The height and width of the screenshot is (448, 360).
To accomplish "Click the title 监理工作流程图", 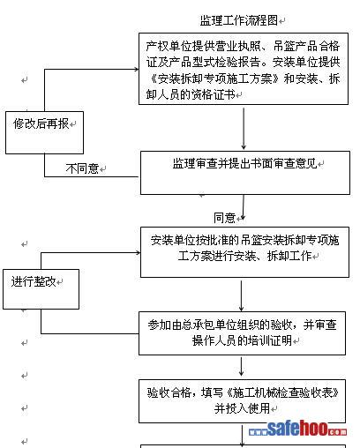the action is point(239,20).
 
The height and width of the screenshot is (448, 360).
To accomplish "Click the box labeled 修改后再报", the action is point(44,132).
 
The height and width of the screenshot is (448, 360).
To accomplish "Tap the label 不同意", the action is point(82,168).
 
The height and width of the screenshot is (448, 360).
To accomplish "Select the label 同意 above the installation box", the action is point(224,218).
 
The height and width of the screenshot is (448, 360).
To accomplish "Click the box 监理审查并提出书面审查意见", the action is point(245,173).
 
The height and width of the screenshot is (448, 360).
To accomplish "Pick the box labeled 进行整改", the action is point(41,289).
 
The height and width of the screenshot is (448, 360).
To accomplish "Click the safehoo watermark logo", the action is point(297,429).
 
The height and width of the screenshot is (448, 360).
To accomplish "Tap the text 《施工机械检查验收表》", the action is point(282,392).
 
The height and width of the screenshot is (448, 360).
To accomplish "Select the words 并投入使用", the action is point(242,408).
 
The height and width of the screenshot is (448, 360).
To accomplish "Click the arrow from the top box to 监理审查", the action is point(244,129).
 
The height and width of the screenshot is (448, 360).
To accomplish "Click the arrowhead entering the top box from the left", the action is point(137,70).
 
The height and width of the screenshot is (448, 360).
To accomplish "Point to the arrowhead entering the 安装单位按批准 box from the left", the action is point(138,252).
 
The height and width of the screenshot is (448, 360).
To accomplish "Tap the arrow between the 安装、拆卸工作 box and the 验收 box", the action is point(241,295).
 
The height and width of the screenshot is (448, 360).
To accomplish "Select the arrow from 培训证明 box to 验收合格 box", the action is point(241,366).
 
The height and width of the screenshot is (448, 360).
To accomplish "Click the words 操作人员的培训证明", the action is point(242,340).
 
